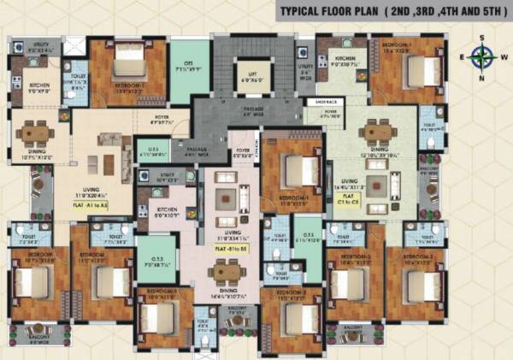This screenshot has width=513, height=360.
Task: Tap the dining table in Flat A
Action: (38, 133)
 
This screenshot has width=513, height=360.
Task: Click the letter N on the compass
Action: (481, 78)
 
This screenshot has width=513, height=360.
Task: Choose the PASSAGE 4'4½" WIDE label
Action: (197, 150)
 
